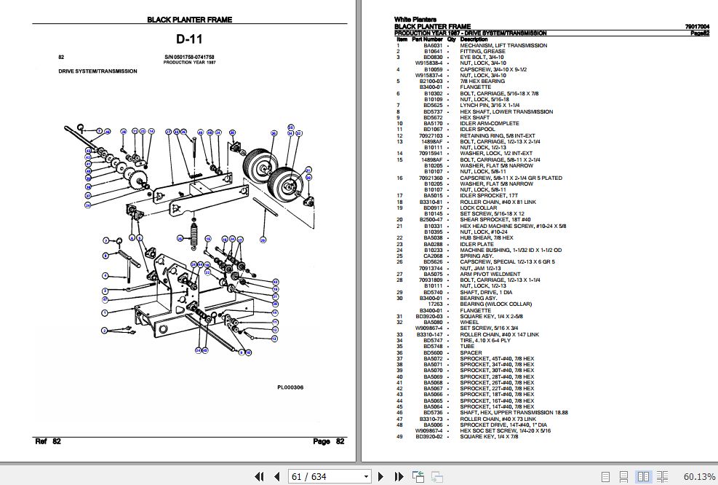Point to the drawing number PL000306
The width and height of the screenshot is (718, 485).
[290, 387]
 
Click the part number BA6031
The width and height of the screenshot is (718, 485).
[432, 45]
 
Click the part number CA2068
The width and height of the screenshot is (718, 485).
[432, 256]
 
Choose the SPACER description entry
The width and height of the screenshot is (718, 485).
[470, 352]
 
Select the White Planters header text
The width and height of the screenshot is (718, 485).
[415, 20]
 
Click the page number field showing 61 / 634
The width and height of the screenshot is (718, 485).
[328, 476]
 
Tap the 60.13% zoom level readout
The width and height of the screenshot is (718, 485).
[699, 476]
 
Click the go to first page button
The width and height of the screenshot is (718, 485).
[258, 476]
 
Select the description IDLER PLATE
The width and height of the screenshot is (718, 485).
[476, 244]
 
